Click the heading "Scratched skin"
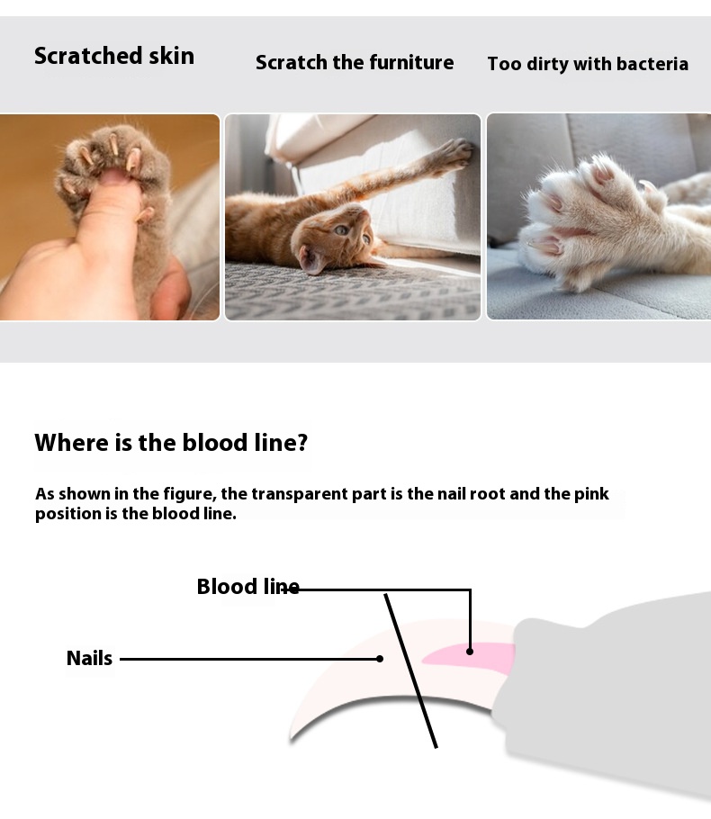pos(114,56)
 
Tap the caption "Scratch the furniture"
pos(355,63)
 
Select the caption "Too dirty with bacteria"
pos(588,64)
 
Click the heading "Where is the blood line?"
pos(171,443)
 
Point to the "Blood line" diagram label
pos(248,587)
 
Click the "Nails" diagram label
pos(89,658)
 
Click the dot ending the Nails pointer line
pos(380,659)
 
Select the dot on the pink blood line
pos(470,652)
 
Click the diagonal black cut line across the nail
pos(410,670)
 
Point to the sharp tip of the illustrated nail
pos(291,738)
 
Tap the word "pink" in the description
pos(591,494)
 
